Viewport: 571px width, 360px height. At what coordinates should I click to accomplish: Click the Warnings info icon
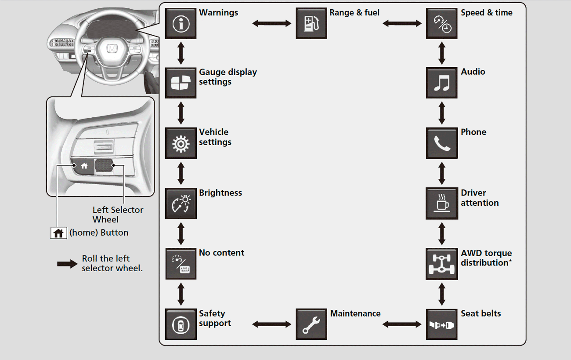[181, 23]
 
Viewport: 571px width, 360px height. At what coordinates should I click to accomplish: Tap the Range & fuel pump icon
[311, 23]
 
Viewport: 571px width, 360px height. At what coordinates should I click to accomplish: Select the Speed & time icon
[441, 23]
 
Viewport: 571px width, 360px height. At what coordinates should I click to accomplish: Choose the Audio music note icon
[441, 83]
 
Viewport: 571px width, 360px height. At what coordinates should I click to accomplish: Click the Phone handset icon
[441, 143]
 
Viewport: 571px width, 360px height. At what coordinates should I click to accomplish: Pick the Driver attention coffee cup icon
[441, 204]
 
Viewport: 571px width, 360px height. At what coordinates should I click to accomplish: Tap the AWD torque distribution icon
[441, 264]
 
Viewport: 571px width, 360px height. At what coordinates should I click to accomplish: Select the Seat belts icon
[441, 324]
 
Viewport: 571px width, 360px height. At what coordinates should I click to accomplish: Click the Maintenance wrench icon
[311, 324]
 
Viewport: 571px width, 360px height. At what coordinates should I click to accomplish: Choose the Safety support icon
[181, 324]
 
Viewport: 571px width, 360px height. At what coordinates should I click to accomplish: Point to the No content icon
[181, 264]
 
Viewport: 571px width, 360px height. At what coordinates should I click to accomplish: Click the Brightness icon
[181, 204]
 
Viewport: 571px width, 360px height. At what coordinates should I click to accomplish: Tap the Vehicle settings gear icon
[181, 143]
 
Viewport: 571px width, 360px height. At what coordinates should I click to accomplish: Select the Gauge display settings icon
[181, 83]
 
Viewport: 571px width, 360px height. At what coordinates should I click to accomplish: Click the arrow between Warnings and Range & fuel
[271, 23]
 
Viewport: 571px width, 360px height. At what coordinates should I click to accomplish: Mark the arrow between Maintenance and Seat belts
[402, 324]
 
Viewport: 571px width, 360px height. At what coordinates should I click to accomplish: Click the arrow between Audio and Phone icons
[442, 113]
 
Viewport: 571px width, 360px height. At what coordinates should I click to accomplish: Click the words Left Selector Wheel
[118, 215]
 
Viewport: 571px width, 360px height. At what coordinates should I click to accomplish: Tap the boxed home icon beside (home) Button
[58, 233]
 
